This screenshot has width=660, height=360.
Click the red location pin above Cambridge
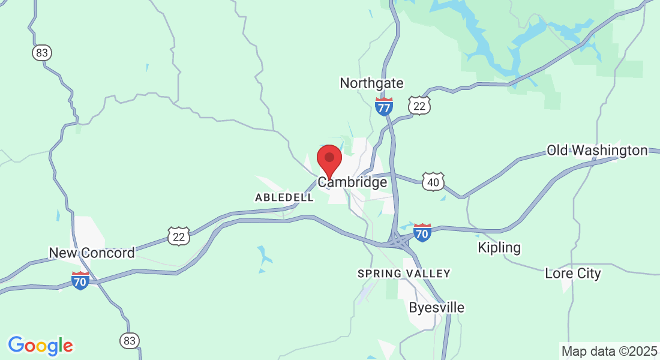click(x=329, y=160)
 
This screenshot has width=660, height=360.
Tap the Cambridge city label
click(x=352, y=182)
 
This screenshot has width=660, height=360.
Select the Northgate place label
click(x=371, y=83)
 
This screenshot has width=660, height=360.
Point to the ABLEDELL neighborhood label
click(x=284, y=197)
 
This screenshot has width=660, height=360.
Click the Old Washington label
click(x=597, y=150)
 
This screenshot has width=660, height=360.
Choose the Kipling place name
click(x=499, y=247)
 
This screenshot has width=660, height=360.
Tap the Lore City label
click(x=572, y=274)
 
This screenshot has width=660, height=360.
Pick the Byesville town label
click(x=436, y=308)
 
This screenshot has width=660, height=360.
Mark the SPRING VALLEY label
click(x=404, y=274)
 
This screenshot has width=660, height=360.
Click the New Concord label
click(x=92, y=253)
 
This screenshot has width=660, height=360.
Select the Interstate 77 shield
click(x=384, y=107)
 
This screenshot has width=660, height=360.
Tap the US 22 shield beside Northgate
click(x=420, y=106)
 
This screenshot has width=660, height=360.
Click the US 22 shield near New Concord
click(x=179, y=236)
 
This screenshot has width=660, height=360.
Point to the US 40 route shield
click(x=433, y=182)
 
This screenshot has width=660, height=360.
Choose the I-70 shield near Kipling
click(x=422, y=232)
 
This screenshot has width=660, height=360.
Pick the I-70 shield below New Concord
click(x=80, y=280)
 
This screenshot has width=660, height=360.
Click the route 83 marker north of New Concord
click(x=41, y=53)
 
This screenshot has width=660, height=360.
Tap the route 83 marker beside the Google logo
click(x=129, y=341)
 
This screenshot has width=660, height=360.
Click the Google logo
click(x=40, y=346)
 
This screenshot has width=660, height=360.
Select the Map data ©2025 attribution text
click(x=609, y=351)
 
